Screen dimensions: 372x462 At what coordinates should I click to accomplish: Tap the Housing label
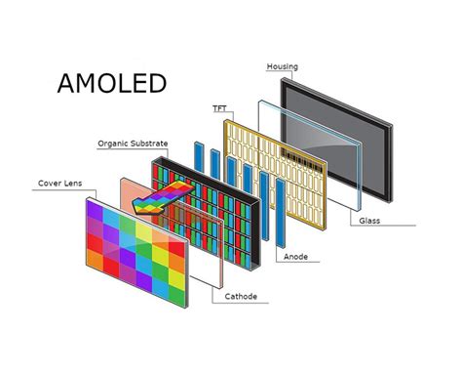[282, 66]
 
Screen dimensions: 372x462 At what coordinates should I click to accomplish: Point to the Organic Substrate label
[133, 144]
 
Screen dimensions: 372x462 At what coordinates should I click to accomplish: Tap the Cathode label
[240, 296]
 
